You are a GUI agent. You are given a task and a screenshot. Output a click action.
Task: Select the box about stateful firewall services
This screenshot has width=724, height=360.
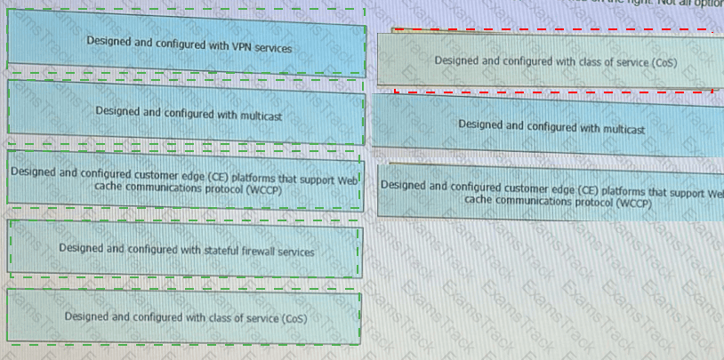coord(184,251)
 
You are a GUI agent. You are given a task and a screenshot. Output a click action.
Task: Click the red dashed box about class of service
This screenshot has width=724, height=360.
coord(553,60)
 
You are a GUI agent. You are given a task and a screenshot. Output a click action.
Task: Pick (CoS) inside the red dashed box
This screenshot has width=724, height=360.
coord(663,63)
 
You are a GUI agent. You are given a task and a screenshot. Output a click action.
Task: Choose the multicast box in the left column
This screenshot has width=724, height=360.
coord(184,113)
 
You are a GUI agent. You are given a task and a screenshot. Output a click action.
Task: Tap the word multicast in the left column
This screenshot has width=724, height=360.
coord(260,115)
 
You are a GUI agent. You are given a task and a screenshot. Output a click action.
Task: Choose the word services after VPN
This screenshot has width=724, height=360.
coord(273,46)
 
